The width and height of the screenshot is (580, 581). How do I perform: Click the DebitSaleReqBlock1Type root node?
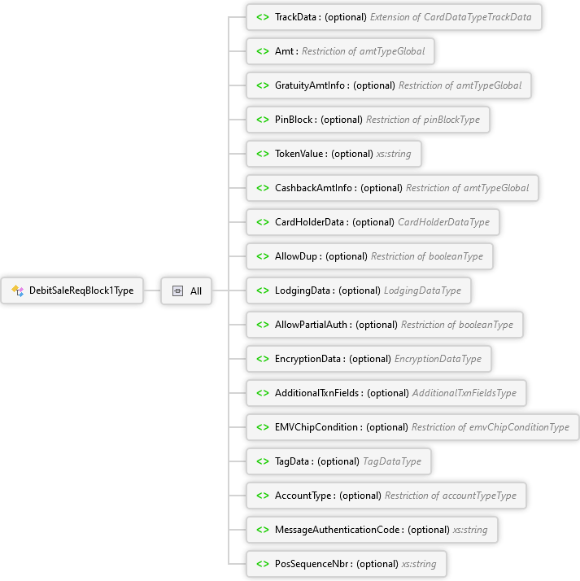pyautogui.click(x=72, y=290)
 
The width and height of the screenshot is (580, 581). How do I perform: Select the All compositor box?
pyautogui.click(x=186, y=290)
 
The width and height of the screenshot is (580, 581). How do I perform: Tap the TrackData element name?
pyautogui.click(x=295, y=17)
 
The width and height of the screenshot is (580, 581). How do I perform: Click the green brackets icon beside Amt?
pyautogui.click(x=263, y=51)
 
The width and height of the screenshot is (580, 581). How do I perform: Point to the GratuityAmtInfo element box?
pyautogui.click(x=389, y=85)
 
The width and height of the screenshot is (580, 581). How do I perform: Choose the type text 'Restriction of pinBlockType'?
pyautogui.click(x=423, y=120)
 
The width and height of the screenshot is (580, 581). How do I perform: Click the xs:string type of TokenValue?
pyautogui.click(x=394, y=154)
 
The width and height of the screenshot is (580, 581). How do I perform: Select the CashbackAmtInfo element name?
pyautogui.click(x=313, y=188)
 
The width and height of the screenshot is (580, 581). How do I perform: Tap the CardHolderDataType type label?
pyautogui.click(x=443, y=222)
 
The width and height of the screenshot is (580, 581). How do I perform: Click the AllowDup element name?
pyautogui.click(x=296, y=256)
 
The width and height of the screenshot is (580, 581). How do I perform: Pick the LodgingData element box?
pyautogui.click(x=359, y=290)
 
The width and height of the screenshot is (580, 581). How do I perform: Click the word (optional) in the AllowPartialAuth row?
pyautogui.click(x=377, y=325)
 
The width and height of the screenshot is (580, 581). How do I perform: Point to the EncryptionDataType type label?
pyautogui.click(x=438, y=359)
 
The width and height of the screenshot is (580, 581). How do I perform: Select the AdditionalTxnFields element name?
pyautogui.click(x=316, y=393)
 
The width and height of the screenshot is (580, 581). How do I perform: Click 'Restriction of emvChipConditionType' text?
pyautogui.click(x=491, y=427)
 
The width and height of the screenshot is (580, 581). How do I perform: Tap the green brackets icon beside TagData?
pyautogui.click(x=263, y=461)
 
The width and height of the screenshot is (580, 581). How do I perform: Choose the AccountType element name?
pyautogui.click(x=303, y=496)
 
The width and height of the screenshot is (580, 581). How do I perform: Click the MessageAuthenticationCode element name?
pyautogui.click(x=338, y=530)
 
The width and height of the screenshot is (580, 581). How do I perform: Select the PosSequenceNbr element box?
pyautogui.click(x=347, y=564)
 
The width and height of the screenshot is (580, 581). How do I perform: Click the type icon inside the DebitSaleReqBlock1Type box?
pyautogui.click(x=17, y=290)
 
